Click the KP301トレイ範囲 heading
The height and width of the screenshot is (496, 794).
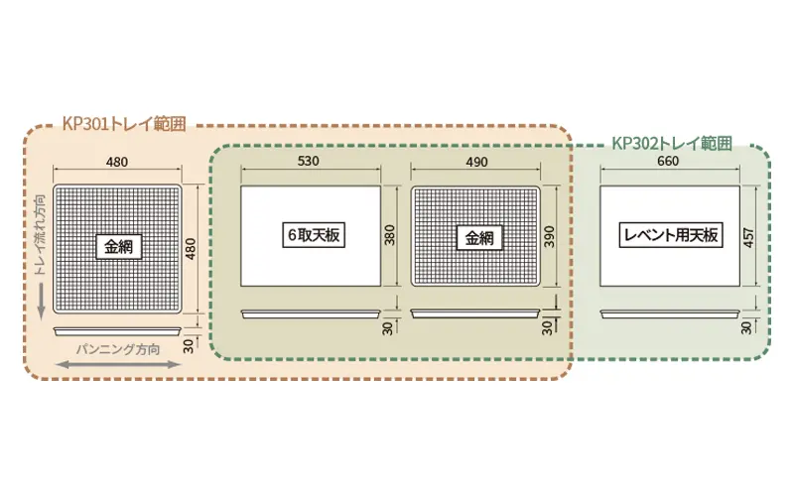coord(124,123)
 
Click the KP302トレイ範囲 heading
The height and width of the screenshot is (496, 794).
coord(672,143)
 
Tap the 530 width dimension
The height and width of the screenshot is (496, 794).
coord(309,161)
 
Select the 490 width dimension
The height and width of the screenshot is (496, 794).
coord(477,162)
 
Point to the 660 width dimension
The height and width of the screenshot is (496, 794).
coord(668,161)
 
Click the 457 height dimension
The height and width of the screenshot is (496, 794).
coord(749,237)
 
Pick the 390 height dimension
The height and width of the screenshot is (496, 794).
coord(550,236)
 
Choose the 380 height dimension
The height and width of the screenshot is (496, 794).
coord(389,235)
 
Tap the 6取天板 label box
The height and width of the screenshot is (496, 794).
coord(314,235)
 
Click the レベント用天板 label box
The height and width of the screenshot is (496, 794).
coord(671,235)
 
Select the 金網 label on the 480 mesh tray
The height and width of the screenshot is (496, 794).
coord(118,247)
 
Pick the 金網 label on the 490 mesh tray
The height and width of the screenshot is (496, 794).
coord(479,238)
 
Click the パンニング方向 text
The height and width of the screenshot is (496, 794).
coord(118,349)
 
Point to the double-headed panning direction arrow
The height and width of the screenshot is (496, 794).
coord(118,364)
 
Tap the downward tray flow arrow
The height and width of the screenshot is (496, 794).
coord(42,302)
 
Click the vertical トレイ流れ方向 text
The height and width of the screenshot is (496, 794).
coord(41,235)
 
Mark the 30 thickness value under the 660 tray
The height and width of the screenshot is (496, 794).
coord(746,328)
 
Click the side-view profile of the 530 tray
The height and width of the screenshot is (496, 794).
coord(311,314)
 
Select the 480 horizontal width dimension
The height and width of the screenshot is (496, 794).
coord(117,162)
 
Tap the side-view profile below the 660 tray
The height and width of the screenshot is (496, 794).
coord(670,314)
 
